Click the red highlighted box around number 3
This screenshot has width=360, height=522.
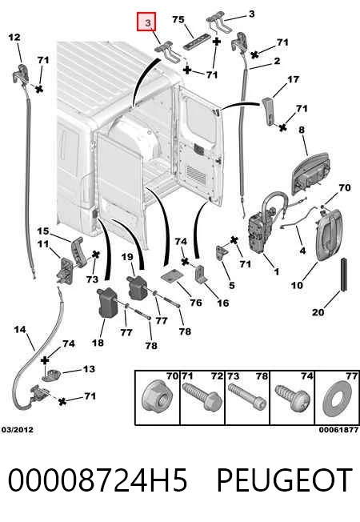tap(146, 22)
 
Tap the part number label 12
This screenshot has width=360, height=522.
tap(14, 37)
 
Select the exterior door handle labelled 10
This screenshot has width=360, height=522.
tap(328, 235)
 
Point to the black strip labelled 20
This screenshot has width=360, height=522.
tap(344, 275)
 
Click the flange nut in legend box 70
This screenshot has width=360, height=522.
tap(157, 397)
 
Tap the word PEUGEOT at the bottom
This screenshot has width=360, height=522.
tap(285, 480)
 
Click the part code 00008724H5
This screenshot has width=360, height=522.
tap(98, 480)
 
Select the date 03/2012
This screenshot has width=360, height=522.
tap(18, 429)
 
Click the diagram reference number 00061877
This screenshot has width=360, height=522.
tap(338, 430)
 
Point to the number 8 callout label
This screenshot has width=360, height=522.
tap(302, 130)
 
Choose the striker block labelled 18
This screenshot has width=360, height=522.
tap(106, 303)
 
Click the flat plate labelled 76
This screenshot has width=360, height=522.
tap(172, 276)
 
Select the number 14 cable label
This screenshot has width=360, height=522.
tap(20, 330)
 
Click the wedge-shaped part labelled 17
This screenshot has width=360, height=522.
tap(269, 111)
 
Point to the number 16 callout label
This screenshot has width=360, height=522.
tap(223, 303)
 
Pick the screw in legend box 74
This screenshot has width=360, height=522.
tap(292, 397)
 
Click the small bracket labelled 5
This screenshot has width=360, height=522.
tap(222, 254)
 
